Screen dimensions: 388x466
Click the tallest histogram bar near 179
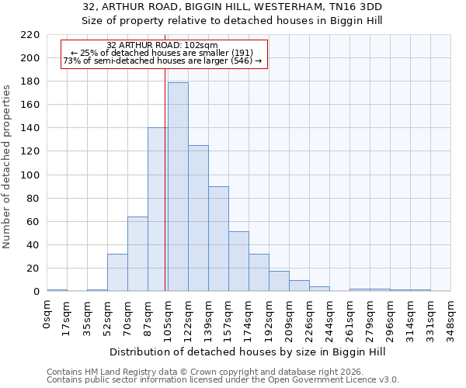[x=178, y=186]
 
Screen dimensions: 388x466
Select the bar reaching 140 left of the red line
[x=156, y=210]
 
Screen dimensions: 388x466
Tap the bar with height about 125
[x=198, y=218]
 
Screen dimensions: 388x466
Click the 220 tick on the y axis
[x=30, y=35]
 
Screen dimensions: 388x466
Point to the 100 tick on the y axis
[x=30, y=175]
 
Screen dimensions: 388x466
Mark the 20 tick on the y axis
[x=33, y=268]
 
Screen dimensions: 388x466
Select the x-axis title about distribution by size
[x=248, y=352]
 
